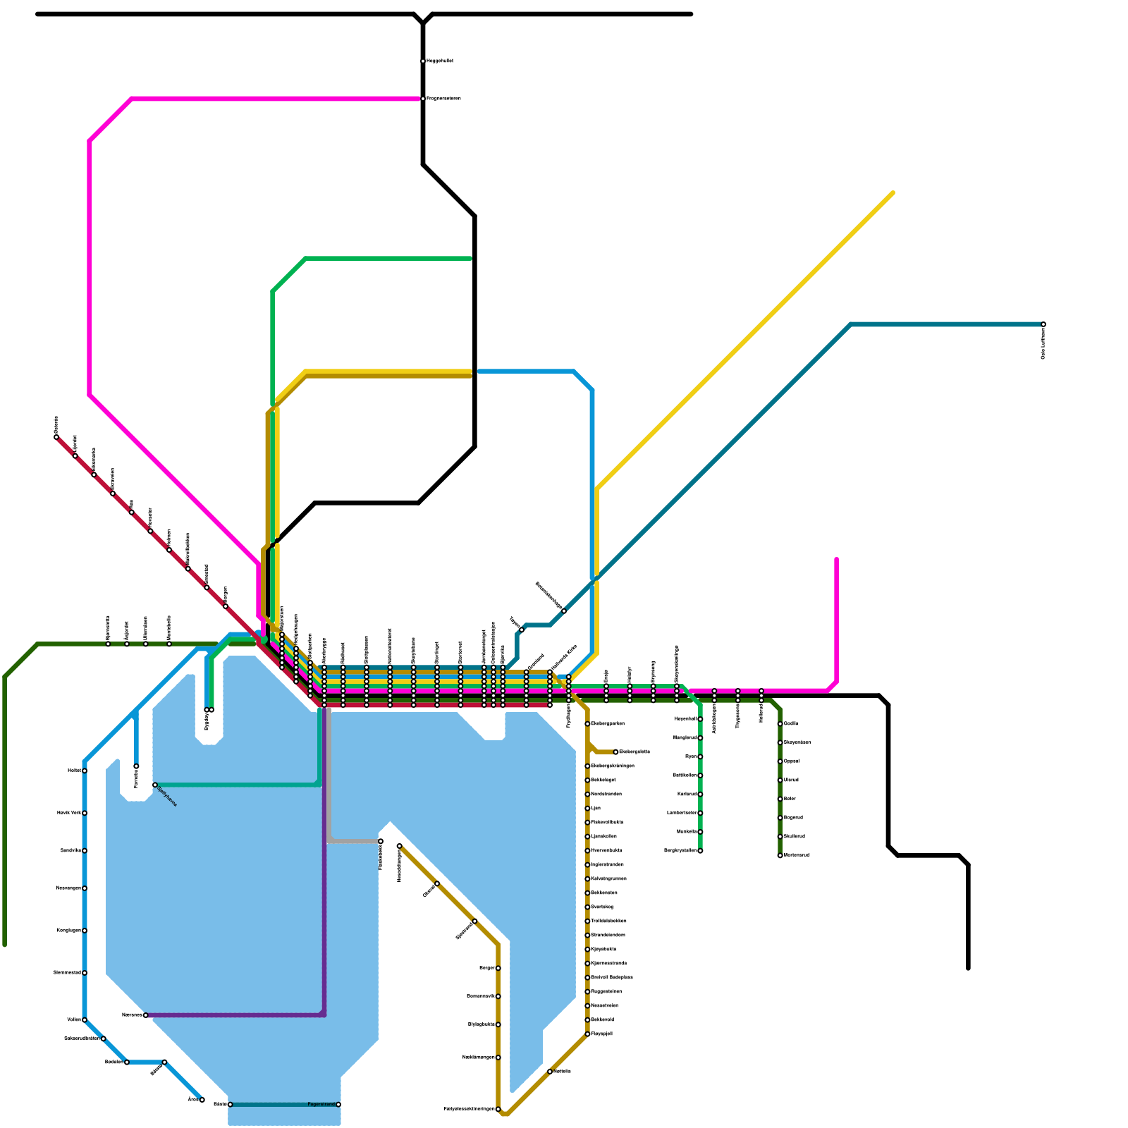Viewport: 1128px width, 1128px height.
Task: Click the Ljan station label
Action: point(596,808)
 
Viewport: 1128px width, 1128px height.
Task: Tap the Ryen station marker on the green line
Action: point(700,756)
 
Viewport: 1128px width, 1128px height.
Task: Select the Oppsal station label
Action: point(791,761)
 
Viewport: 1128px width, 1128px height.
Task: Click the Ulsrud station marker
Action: point(780,780)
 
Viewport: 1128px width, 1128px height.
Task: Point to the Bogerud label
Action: point(793,818)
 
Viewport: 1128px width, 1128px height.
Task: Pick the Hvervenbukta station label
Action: point(606,850)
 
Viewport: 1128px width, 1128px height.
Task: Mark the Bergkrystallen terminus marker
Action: point(700,851)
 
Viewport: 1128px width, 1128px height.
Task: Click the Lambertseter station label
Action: point(681,813)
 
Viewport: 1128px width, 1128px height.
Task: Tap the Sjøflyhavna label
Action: point(166,796)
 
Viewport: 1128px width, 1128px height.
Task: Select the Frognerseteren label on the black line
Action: point(443,99)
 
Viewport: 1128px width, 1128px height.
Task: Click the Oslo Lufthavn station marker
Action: point(1043,324)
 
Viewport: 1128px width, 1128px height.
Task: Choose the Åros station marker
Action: point(202,1100)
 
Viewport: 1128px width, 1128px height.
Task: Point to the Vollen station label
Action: point(73,1020)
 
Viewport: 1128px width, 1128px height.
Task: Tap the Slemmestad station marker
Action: point(85,973)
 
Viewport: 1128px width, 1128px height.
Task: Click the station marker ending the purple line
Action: point(146,1015)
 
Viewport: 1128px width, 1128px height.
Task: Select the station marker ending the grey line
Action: point(381,841)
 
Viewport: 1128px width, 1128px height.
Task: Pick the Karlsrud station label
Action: point(687,795)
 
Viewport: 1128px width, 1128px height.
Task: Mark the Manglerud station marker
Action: point(700,738)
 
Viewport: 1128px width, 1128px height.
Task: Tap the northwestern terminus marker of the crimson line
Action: point(56,437)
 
